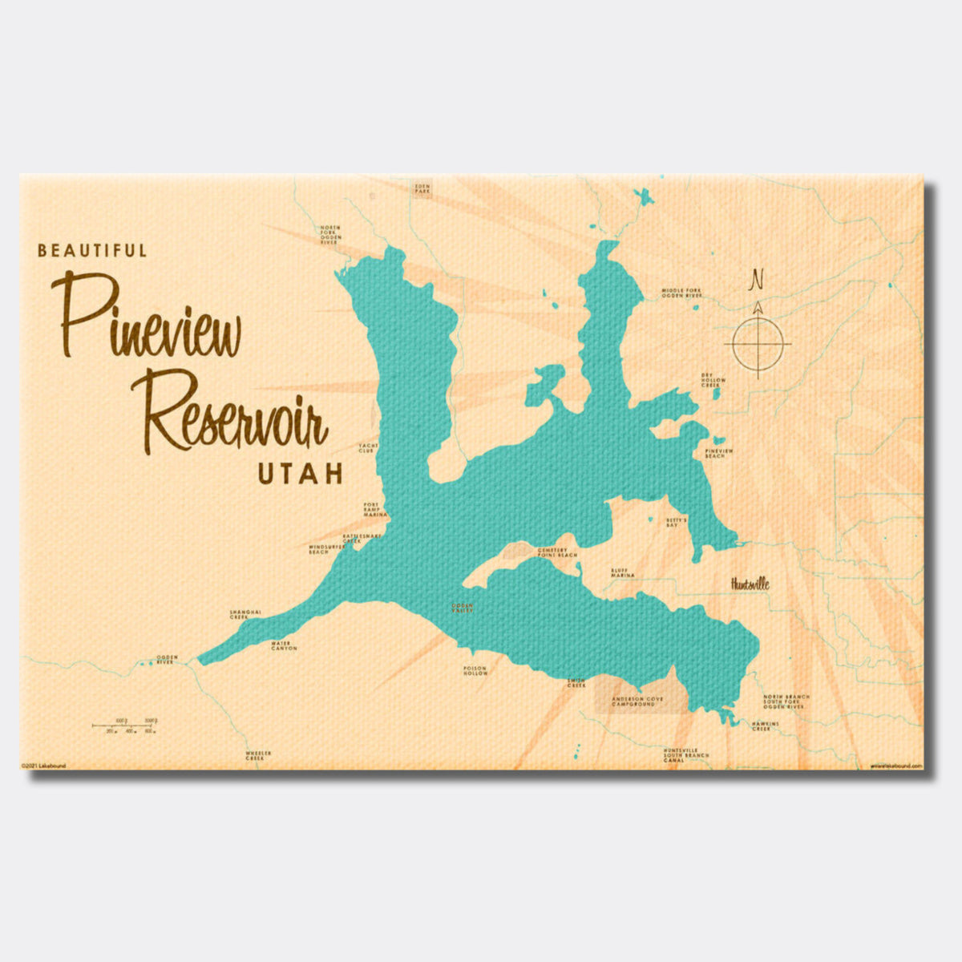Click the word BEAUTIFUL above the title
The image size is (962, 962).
(x=92, y=251)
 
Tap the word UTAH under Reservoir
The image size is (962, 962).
(x=300, y=474)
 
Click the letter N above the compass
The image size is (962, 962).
(x=756, y=280)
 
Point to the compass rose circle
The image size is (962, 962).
(x=757, y=344)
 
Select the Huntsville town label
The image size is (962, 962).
(x=750, y=584)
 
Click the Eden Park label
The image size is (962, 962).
(x=422, y=189)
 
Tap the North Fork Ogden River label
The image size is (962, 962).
(x=330, y=235)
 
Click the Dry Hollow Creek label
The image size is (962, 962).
(x=713, y=380)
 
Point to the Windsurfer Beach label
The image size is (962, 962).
(x=328, y=549)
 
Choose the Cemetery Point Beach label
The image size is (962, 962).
(x=557, y=552)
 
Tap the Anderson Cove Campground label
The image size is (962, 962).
(x=637, y=701)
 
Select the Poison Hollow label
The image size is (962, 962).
(x=475, y=671)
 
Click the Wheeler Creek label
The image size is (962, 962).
(x=258, y=755)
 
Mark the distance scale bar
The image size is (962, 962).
(x=124, y=726)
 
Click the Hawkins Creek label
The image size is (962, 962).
(x=765, y=726)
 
